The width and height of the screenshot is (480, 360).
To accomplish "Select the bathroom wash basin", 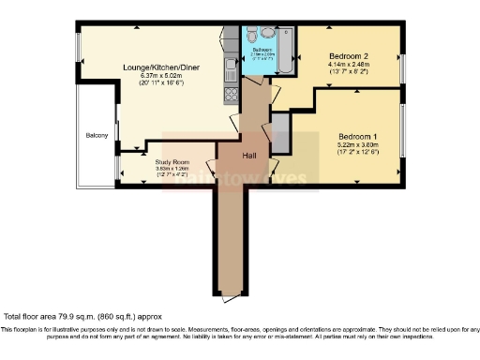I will [x=266, y=33].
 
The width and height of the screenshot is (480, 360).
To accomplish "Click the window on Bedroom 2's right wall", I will [x=402, y=67].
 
